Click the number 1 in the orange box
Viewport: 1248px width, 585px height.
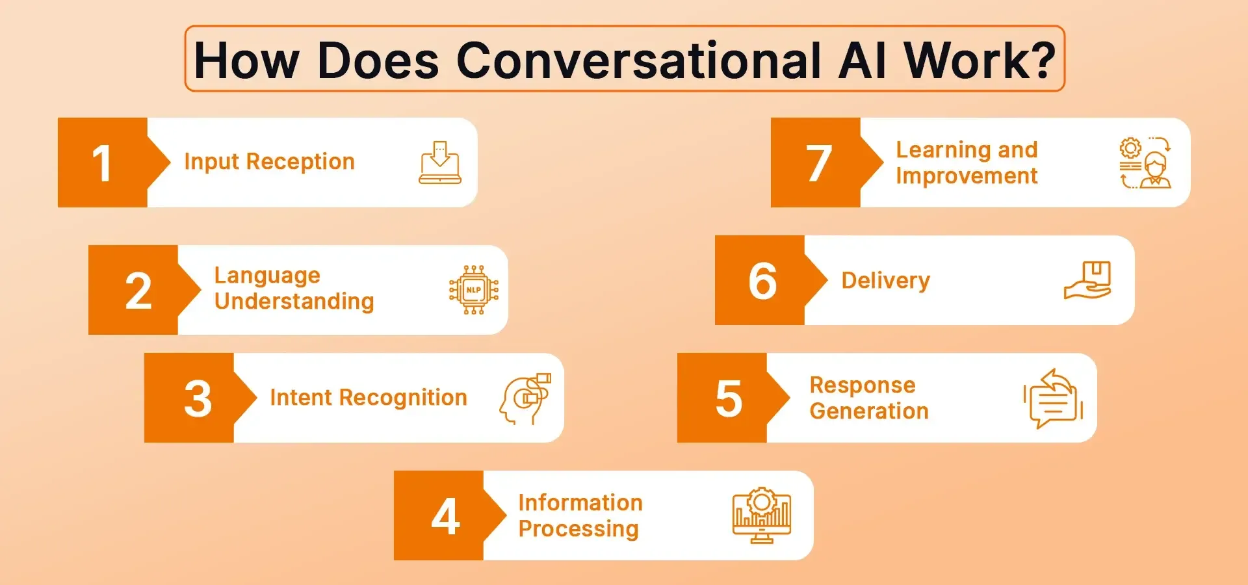click(102, 163)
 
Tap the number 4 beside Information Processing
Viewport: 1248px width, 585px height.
click(446, 517)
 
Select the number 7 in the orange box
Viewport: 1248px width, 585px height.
click(819, 163)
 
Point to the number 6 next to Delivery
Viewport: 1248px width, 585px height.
click(762, 281)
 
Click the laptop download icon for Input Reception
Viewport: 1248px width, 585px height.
click(440, 162)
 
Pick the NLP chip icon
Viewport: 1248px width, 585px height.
click(474, 290)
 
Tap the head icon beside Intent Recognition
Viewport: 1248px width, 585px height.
click(525, 398)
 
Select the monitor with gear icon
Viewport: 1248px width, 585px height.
click(761, 515)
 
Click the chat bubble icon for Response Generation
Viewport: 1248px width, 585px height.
click(1053, 398)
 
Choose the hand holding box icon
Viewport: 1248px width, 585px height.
click(1087, 281)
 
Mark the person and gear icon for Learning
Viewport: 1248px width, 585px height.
click(1145, 163)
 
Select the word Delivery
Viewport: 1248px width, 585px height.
click(885, 281)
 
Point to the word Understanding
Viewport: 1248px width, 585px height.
click(294, 302)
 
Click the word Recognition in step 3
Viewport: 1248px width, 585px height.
click(403, 398)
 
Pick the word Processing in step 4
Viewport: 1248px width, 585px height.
click(578, 529)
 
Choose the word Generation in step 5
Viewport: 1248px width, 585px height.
click(868, 411)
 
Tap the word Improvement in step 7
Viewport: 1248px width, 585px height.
click(966, 176)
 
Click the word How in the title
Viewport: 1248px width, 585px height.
click(246, 60)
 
